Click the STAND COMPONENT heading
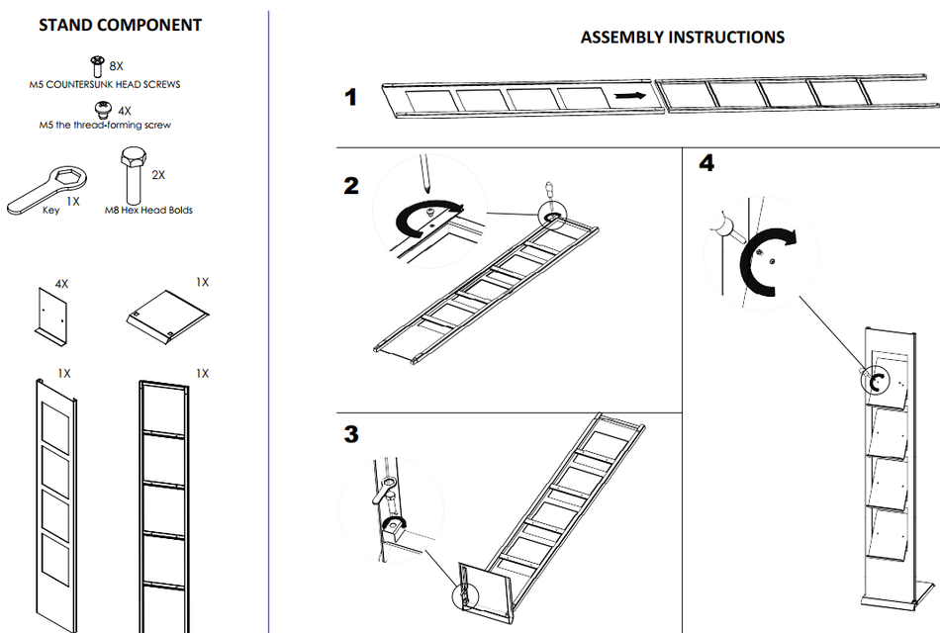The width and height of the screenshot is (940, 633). (120, 26)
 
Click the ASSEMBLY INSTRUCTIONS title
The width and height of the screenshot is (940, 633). (682, 38)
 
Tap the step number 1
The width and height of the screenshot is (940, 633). (351, 98)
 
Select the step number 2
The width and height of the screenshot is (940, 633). (351, 185)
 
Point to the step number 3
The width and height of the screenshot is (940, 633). (351, 434)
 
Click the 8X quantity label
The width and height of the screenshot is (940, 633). (117, 65)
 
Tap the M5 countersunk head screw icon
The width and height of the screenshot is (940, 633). (97, 65)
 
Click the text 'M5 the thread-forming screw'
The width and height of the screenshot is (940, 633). (105, 126)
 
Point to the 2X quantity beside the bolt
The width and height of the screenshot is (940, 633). (158, 174)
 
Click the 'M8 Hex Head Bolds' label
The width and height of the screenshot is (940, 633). (148, 210)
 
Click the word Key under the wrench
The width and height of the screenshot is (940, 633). (51, 210)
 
